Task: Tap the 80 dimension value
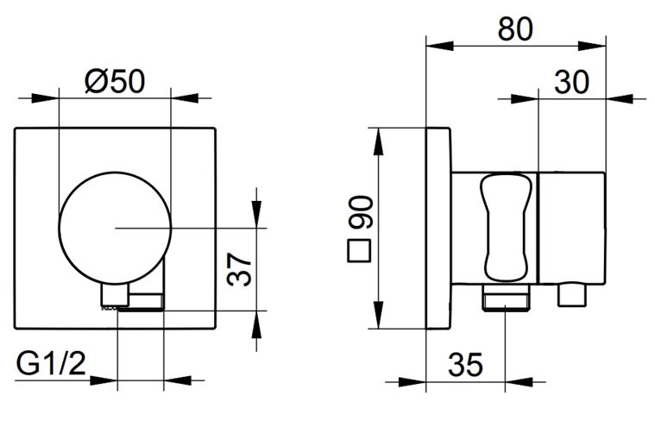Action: [x=515, y=29]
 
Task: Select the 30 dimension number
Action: [x=571, y=82]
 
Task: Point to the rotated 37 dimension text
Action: [x=240, y=269]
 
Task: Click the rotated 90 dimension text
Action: [x=360, y=212]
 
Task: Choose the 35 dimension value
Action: [x=465, y=364]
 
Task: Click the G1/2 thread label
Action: [x=51, y=363]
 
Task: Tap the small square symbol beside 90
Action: [x=359, y=250]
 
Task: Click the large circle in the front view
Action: [x=60, y=228]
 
